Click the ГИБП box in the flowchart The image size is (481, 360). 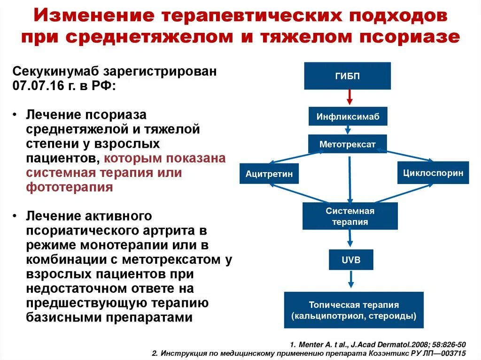point(347,76)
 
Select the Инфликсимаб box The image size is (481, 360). point(348,116)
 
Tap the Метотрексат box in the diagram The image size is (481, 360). point(347,144)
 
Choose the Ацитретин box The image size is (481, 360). point(269,174)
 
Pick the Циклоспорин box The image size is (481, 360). point(433,173)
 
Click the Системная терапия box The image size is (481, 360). point(350,216)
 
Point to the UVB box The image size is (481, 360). point(351,260)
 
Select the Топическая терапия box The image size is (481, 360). point(354,310)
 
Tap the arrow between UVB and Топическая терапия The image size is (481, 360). point(351,280)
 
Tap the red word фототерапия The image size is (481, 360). point(69,187)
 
